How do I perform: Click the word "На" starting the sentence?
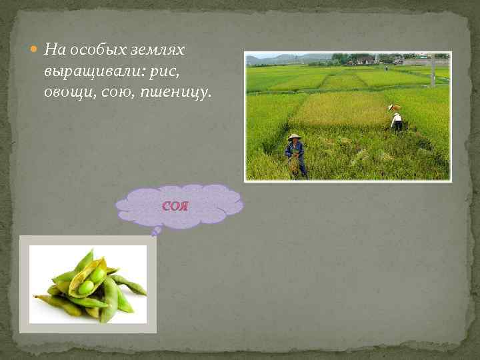point(52,51)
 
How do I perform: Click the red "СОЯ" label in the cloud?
point(175,205)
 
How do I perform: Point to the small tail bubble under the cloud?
point(157,231)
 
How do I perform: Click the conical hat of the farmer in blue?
point(294,137)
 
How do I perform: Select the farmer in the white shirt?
point(397,121)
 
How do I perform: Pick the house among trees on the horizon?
point(365,60)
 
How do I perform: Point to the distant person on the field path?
point(385,67)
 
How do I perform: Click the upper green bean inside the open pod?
point(97,274)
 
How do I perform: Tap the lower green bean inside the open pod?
point(86,287)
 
